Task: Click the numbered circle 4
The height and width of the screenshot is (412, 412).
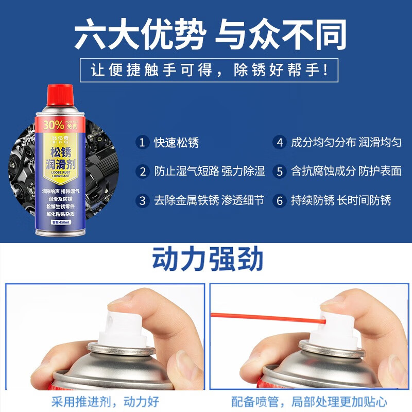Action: point(280,143)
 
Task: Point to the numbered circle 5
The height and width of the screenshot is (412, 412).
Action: point(280,171)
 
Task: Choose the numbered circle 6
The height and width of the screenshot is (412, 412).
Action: point(280,200)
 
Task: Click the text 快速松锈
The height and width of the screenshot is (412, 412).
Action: point(177,143)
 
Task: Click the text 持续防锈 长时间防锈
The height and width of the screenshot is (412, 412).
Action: point(341,200)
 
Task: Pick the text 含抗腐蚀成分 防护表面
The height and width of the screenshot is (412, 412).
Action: point(346,171)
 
